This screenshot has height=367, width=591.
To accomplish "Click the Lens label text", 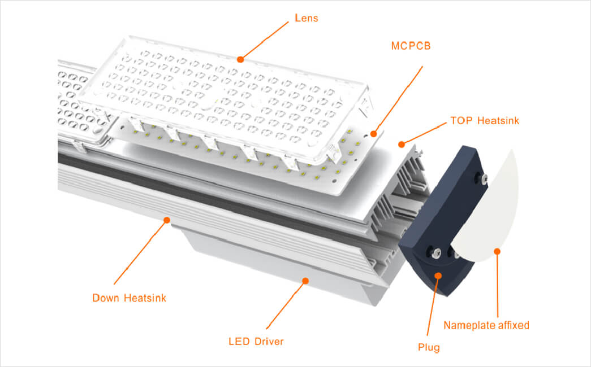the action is pos(307,18).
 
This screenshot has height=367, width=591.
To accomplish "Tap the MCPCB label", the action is pos(411,46).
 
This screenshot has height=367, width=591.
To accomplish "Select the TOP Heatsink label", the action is pos(485,121).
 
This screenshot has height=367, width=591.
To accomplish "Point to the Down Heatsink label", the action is pos(130,298).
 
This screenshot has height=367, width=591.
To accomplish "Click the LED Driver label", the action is pos(256,342).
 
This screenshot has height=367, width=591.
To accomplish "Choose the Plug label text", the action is pos(429,347).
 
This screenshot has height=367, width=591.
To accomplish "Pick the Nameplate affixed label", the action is pos(486,325).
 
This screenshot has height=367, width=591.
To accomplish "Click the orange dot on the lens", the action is pos(240,59).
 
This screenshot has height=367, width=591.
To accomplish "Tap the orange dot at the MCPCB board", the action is pos(373,134).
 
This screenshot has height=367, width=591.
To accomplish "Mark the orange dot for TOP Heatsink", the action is pos(402,144).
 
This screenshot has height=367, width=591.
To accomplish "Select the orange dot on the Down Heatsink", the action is pos(167,220).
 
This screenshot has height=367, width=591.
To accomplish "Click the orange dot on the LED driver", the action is pos(305,281).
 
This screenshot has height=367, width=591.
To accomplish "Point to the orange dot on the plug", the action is pos(438,276).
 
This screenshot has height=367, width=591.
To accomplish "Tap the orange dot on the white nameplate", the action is pos(497,251).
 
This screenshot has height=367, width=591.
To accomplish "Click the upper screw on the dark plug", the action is pos(484,178).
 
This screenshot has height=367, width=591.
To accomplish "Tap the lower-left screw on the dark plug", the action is pos(437,252).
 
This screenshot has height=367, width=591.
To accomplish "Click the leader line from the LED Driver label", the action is pos(286,305).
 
